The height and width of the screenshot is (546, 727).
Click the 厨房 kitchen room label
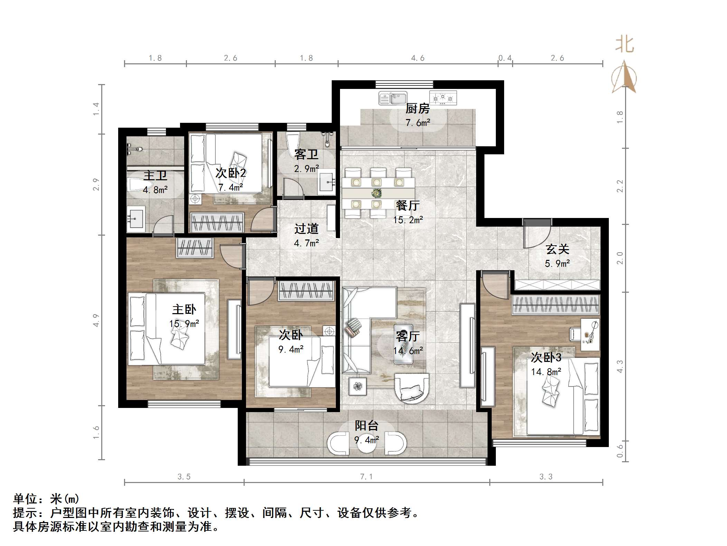(417, 109)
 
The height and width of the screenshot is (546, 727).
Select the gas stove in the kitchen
(443, 98)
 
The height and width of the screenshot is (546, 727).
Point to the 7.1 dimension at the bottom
(366, 476)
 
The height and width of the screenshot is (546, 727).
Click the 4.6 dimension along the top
(418, 58)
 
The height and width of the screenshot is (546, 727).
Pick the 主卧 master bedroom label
(184, 309)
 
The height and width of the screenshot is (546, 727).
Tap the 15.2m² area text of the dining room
(408, 220)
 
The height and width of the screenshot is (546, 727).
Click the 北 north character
(624, 45)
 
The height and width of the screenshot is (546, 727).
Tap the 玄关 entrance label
(557, 249)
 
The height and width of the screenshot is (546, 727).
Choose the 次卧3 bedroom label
(546, 357)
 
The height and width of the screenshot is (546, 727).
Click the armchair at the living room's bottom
(412, 388)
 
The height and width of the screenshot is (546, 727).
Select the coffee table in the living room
(403, 344)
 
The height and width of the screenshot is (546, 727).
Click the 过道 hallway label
(306, 229)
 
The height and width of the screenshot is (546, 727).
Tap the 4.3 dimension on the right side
(620, 366)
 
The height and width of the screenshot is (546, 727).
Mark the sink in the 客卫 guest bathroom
(327, 180)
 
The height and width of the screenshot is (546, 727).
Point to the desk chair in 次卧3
(574, 334)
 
